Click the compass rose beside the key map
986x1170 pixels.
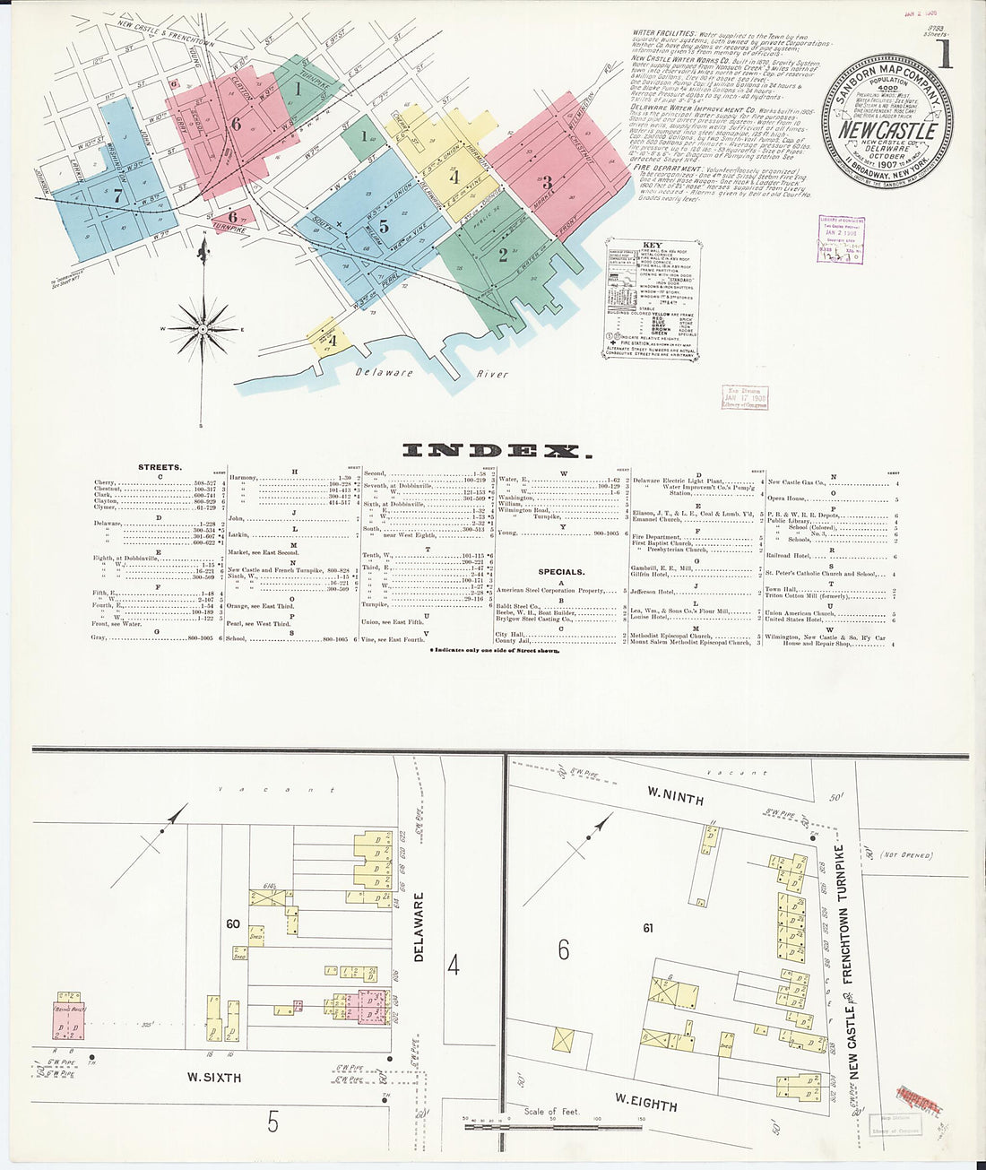pos(203,329)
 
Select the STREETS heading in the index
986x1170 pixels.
pos(160,467)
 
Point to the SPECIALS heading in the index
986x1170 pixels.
pos(561,571)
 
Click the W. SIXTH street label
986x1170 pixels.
pos(213,1077)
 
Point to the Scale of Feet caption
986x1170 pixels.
pos(552,1112)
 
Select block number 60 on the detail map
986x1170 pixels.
pos(234,923)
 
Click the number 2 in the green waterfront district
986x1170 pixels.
pos(503,254)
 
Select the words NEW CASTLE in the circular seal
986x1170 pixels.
pos(887,129)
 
